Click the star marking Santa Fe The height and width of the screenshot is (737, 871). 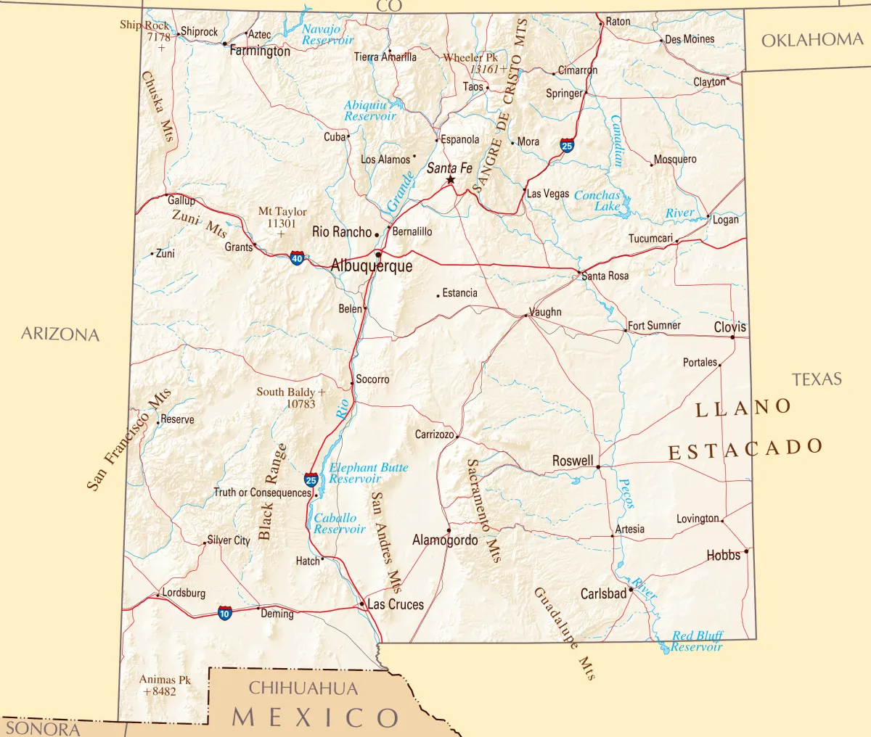click(450, 180)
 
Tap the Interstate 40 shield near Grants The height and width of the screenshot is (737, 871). click(297, 258)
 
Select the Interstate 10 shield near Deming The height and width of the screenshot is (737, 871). click(225, 614)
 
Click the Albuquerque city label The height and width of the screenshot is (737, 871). click(372, 266)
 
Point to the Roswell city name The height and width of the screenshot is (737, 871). click(573, 461)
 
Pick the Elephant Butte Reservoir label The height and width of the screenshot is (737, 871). click(368, 473)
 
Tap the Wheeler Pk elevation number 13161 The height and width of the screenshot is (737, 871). click(484, 70)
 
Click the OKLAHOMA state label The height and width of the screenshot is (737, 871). click(811, 40)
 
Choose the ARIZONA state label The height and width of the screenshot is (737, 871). click(60, 334)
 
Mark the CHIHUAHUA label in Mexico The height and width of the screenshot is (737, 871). click(303, 688)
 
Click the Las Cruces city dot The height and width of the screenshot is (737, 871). click(362, 604)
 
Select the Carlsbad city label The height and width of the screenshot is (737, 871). click(603, 593)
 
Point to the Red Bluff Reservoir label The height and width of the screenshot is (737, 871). click(697, 641)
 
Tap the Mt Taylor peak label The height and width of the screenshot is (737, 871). click(282, 212)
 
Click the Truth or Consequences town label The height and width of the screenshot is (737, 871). click(262, 493)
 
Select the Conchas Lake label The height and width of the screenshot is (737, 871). click(597, 200)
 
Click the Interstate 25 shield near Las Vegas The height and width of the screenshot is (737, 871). click(567, 146)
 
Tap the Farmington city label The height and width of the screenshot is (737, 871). click(260, 52)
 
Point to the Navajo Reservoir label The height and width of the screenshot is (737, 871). click(327, 35)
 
